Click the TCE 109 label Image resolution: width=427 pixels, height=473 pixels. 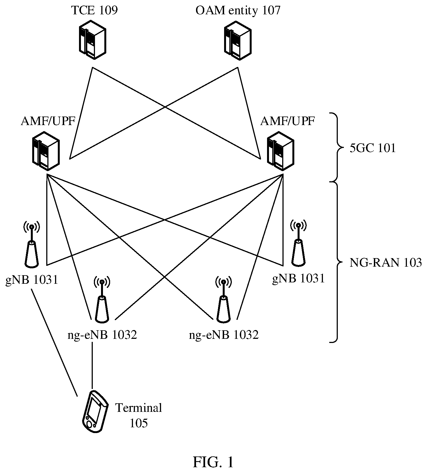[94, 10]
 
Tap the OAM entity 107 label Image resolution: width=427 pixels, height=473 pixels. [238, 11]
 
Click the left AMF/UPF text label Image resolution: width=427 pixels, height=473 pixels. [48, 121]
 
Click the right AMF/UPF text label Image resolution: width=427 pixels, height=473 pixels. [287, 121]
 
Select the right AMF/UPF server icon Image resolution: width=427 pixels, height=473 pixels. [281, 150]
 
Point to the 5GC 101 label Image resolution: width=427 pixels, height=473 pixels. [372, 148]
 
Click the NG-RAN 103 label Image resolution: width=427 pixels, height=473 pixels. [385, 263]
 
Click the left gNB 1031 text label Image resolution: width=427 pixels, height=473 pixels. [32, 280]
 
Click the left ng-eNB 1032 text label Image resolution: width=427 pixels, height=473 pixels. [102, 335]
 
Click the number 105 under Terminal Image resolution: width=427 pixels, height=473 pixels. [138, 423]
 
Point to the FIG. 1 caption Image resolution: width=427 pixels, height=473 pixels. [213, 462]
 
